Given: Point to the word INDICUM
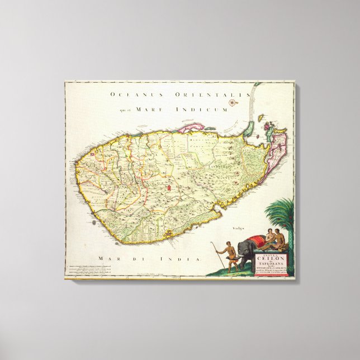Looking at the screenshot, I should [211, 110].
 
